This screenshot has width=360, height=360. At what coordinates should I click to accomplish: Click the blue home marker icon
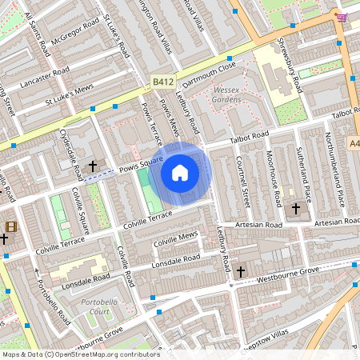tap(180, 173)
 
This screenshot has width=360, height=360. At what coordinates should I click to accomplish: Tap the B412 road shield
tap(163, 82)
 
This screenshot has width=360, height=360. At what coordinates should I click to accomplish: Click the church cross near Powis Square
tap(93, 166)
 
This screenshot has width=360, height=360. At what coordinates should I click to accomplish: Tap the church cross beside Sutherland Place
tap(296, 209)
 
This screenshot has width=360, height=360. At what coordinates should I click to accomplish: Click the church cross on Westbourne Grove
tap(239, 272)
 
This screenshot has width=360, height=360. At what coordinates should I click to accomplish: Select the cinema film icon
tap(10, 226)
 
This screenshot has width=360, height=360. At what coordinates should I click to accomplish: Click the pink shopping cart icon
tap(342, 18)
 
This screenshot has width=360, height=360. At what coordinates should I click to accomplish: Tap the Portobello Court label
tap(100, 306)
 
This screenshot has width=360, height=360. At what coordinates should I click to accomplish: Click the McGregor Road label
tap(75, 40)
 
